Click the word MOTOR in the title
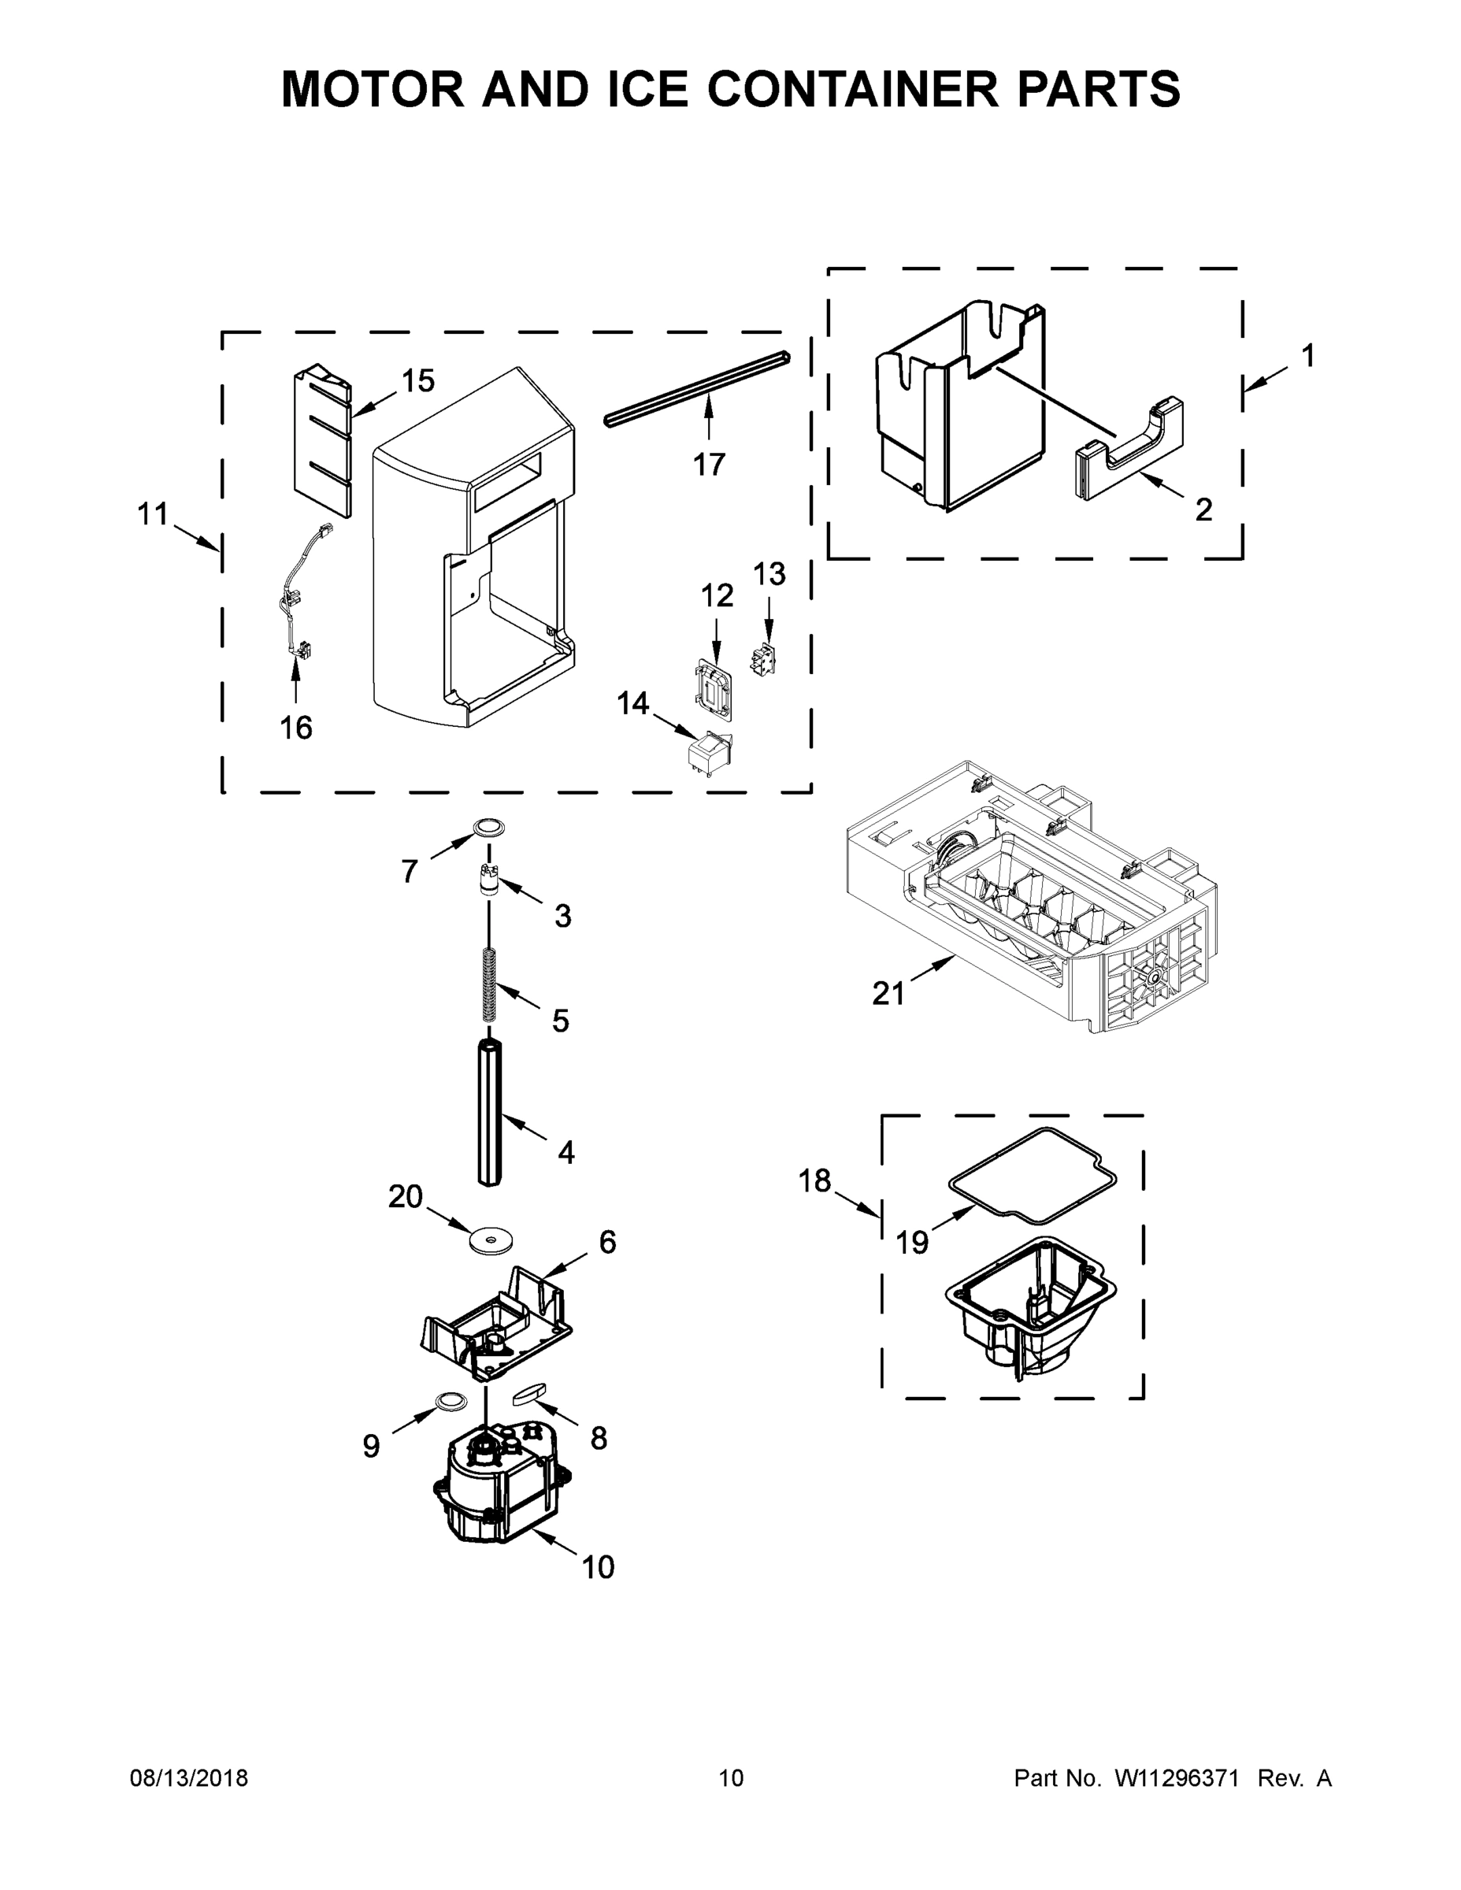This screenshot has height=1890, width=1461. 373,89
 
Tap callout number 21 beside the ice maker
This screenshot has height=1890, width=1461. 888,994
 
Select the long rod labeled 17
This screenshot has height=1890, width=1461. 697,387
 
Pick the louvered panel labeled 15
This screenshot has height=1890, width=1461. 322,441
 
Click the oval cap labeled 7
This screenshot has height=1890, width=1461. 489,826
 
